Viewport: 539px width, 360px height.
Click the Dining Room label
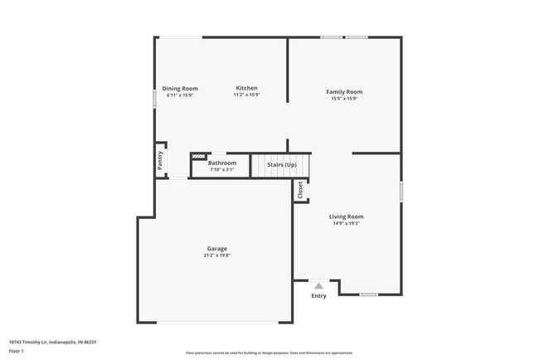pyautogui.click(x=180, y=89)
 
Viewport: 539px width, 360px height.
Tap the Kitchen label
pyautogui.click(x=246, y=88)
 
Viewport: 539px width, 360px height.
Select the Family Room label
pyautogui.click(x=344, y=92)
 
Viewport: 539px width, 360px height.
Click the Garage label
pyautogui.click(x=217, y=249)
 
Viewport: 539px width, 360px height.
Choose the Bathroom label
pyautogui.click(x=222, y=163)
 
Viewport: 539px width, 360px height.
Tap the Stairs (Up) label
pyautogui.click(x=281, y=165)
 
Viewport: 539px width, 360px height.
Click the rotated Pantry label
pyautogui.click(x=159, y=160)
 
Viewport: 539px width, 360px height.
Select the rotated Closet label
pyautogui.click(x=300, y=190)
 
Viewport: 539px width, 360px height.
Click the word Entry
pyautogui.click(x=318, y=296)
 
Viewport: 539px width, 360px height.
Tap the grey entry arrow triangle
pyautogui.click(x=318, y=285)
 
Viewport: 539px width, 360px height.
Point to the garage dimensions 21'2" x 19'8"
pyautogui.click(x=217, y=255)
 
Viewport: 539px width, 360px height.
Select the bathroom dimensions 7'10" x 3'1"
pyautogui.click(x=222, y=169)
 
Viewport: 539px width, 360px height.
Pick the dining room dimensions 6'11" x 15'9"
pyautogui.click(x=180, y=95)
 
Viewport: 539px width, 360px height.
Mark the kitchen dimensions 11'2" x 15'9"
pyautogui.click(x=246, y=95)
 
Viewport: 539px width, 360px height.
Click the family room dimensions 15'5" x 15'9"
pyautogui.click(x=344, y=99)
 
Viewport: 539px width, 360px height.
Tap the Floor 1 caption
pyautogui.click(x=17, y=351)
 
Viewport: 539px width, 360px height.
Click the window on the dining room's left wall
pyautogui.click(x=154, y=97)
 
